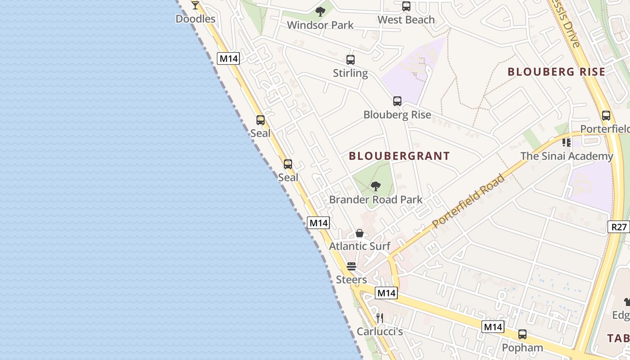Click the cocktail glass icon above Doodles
[x=195, y=5]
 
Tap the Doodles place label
[x=195, y=19]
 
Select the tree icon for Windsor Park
[x=320, y=12]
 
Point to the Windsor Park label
[x=320, y=25]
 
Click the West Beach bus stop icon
[x=406, y=6]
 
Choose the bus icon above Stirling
[x=351, y=60]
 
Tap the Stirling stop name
[x=351, y=73]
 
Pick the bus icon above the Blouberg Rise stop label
[x=397, y=101]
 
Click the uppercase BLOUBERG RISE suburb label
[x=556, y=72]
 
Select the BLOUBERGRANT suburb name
[x=400, y=156]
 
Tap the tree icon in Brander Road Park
[x=376, y=186]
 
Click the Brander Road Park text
[x=376, y=199]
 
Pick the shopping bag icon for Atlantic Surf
[x=360, y=233]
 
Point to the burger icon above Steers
[x=351, y=266]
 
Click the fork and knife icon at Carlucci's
[x=380, y=318]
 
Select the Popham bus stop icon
[x=522, y=334]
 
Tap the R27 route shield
[x=619, y=227]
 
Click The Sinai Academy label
[x=567, y=156]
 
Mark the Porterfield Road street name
[x=468, y=201]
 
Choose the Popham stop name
[x=522, y=348]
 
